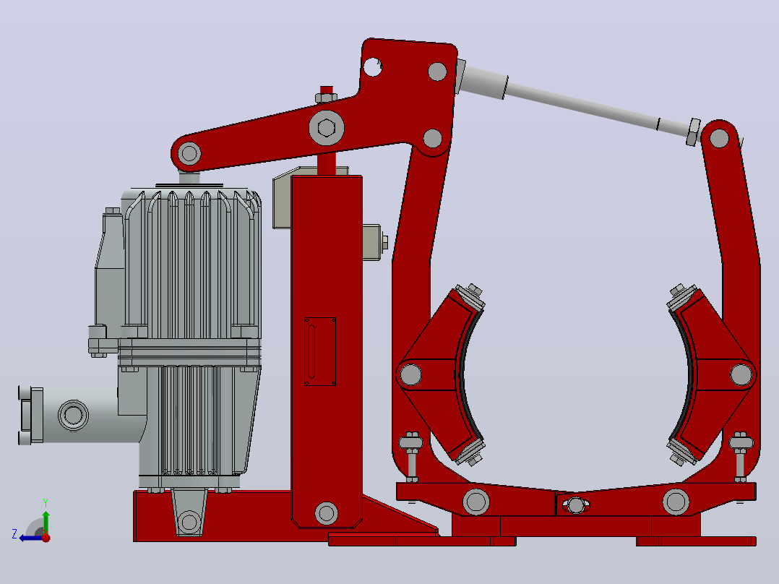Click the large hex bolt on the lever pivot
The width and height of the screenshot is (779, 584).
pyautogui.click(x=327, y=128)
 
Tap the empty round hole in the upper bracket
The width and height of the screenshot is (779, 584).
pyautogui.click(x=373, y=66)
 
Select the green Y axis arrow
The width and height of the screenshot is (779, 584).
pyautogui.click(x=46, y=521)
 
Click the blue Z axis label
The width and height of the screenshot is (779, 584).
pyautogui.click(x=14, y=534)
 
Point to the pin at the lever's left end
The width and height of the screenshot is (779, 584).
pyautogui.click(x=189, y=153)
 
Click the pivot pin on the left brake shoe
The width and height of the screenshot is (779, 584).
pyautogui.click(x=410, y=374)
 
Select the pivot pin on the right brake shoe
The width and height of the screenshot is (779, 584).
pyautogui.click(x=741, y=374)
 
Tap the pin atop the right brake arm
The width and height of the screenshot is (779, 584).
pyautogui.click(x=719, y=138)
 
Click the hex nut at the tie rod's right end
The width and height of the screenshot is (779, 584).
pyautogui.click(x=694, y=132)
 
